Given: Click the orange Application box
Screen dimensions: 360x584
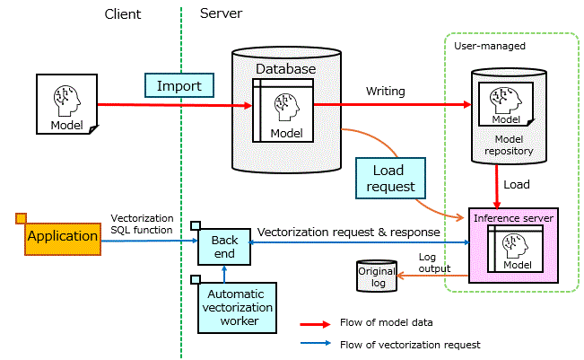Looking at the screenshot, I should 62,237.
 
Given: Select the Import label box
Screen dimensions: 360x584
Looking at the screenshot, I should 179,85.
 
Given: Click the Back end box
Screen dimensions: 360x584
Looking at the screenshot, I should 224,247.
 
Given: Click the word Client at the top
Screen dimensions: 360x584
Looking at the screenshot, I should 123,14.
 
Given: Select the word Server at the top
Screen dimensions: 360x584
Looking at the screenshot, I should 220,14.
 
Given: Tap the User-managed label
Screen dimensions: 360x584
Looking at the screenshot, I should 489,45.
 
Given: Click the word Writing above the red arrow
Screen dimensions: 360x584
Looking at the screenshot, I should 385,92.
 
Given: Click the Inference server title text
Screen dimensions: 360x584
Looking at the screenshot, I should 513,217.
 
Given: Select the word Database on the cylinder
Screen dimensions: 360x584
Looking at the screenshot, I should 286,69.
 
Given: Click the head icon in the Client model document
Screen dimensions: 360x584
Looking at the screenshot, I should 66,99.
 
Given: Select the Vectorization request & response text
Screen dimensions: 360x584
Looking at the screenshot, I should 348,232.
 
